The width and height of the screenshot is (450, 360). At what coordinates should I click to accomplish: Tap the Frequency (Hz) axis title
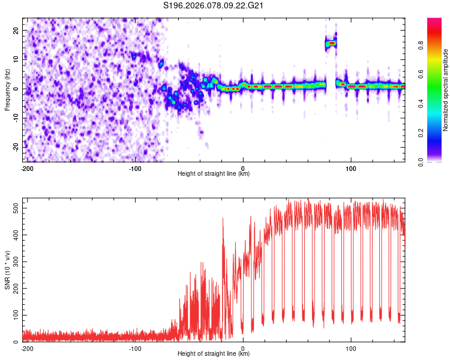pos(7,89)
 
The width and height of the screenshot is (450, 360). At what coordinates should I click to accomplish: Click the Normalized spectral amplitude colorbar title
pos(446,90)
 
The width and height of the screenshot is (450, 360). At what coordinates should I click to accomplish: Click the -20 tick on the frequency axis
pos(15,147)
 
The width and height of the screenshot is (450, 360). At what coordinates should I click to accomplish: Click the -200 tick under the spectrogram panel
pos(26,167)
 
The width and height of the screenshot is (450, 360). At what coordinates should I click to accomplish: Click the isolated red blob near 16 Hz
pos(331,43)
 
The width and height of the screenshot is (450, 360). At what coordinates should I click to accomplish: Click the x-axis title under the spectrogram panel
pos(214,174)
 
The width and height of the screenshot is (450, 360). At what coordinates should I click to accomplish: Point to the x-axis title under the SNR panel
pos(214,354)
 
